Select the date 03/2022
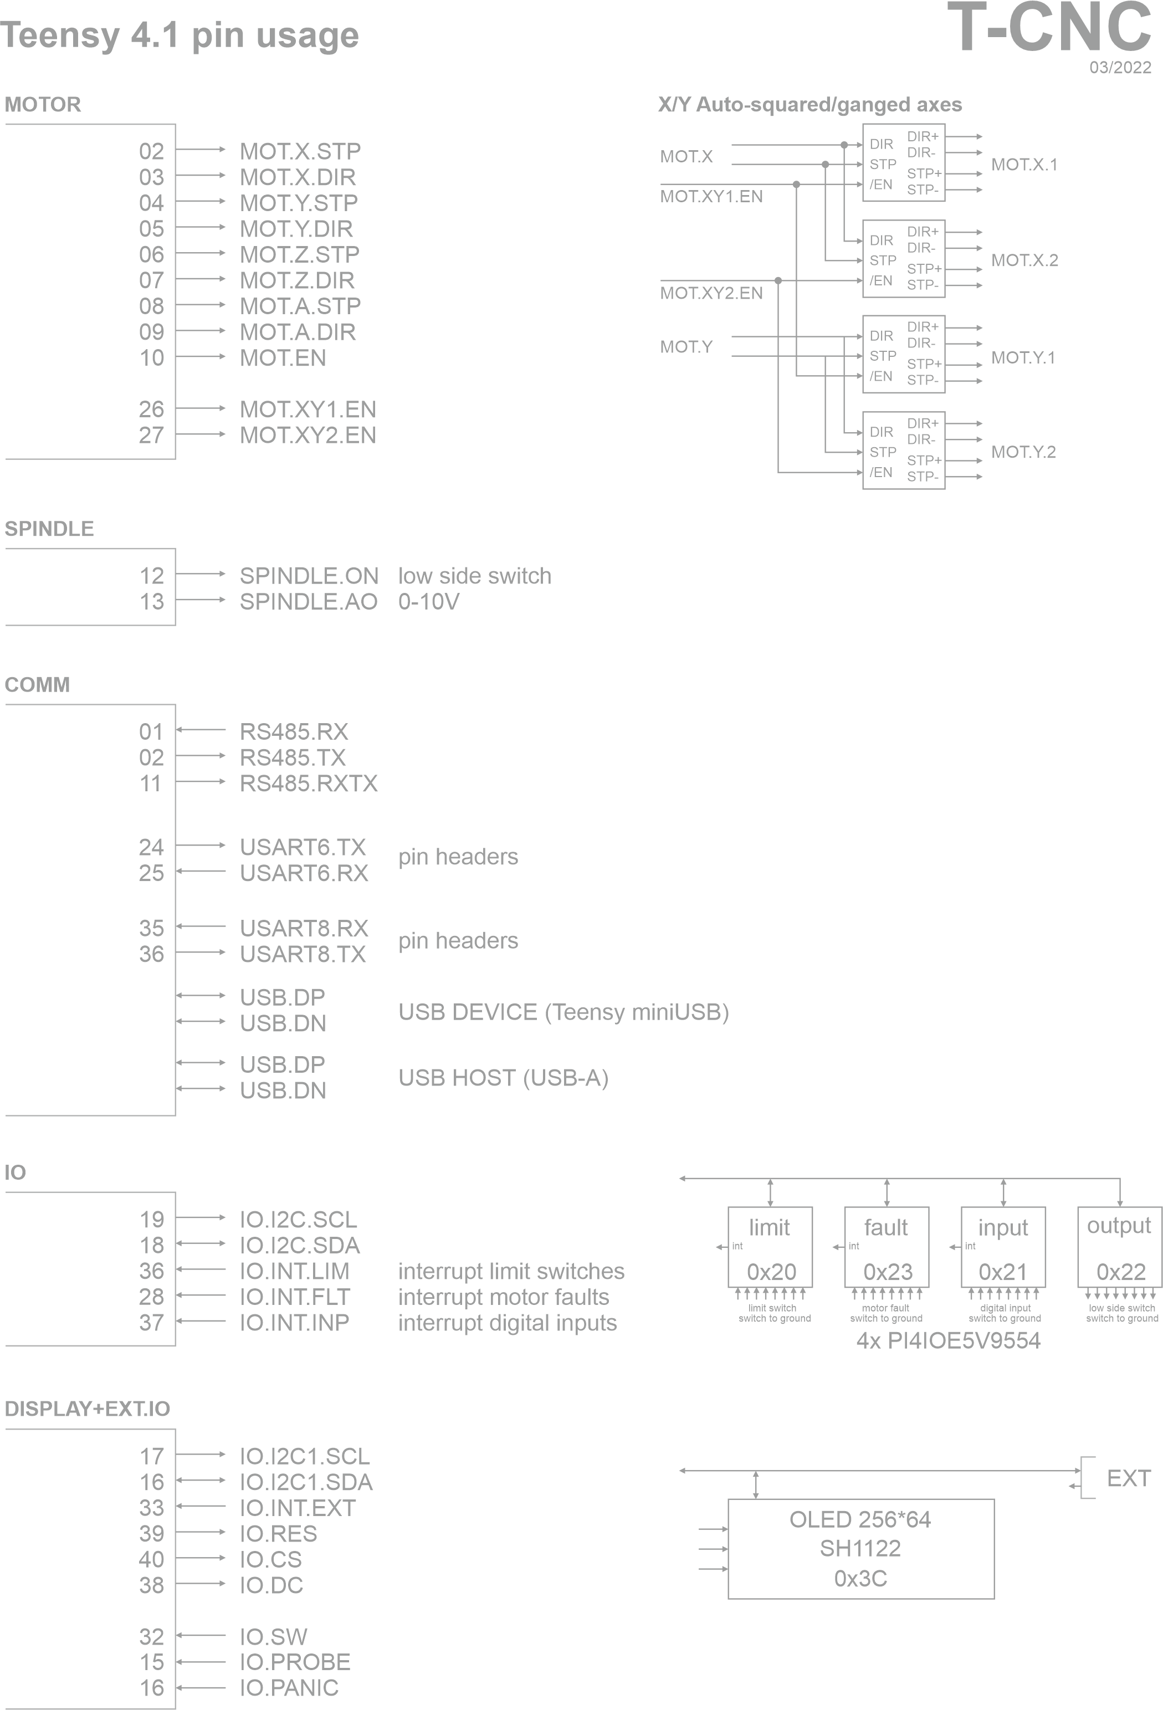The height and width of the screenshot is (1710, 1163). point(1120,68)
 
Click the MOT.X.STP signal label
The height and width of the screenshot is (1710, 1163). point(300,151)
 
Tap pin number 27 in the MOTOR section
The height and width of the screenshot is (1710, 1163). point(151,435)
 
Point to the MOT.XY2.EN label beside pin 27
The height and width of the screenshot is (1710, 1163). point(308,435)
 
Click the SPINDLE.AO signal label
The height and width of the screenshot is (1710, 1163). point(308,602)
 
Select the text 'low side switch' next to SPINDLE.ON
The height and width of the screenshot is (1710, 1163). point(474,576)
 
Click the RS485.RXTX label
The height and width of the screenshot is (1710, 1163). point(308,784)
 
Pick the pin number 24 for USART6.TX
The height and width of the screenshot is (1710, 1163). point(151,847)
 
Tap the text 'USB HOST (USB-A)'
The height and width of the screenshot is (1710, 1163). point(503,1078)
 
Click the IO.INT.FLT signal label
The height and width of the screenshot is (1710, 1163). point(294,1297)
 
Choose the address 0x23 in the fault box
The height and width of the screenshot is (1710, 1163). point(888,1272)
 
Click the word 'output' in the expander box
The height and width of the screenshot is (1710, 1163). point(1119,1226)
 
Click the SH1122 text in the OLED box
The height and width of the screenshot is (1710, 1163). point(860,1549)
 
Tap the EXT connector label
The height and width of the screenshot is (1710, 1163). point(1128,1479)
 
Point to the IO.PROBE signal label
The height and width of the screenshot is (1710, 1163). point(294,1662)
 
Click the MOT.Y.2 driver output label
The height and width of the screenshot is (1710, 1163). point(1023,452)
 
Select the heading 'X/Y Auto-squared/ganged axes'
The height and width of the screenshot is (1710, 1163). point(809,105)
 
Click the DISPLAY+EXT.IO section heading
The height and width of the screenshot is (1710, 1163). point(87,1409)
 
